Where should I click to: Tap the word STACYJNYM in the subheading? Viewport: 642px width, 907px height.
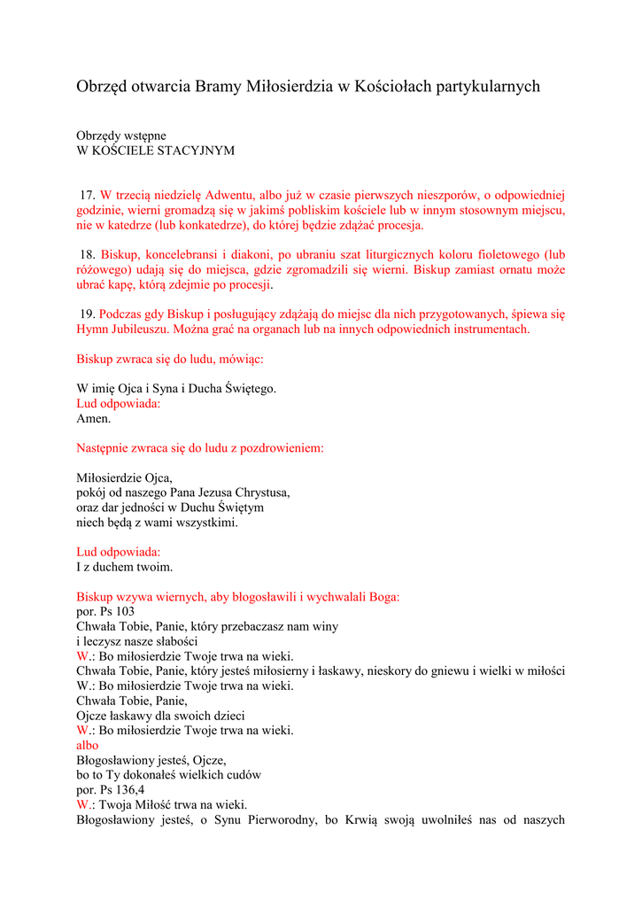(x=196, y=151)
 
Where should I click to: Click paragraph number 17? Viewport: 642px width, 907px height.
(x=88, y=195)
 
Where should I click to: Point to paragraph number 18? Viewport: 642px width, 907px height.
(x=88, y=254)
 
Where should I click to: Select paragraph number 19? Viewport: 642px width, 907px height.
(x=88, y=314)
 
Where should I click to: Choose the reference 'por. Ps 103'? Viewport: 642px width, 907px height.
(x=105, y=611)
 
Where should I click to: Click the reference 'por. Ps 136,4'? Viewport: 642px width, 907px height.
(x=111, y=790)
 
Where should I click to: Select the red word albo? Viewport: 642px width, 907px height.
(x=88, y=746)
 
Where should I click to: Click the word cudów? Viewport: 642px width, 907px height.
(x=243, y=775)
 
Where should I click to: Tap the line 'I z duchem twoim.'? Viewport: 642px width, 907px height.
(x=124, y=567)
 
